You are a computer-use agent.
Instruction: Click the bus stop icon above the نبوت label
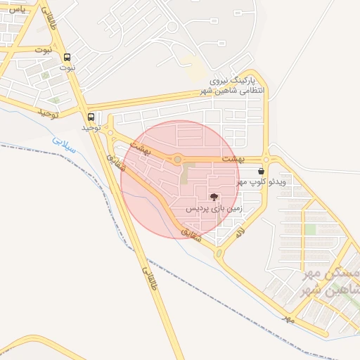[67, 58]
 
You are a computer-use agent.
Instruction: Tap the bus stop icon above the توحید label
[90, 117]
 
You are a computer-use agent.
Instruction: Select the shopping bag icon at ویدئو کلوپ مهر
[262, 171]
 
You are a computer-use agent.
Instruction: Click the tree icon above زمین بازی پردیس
[214, 198]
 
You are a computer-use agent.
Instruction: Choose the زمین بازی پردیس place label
[214, 209]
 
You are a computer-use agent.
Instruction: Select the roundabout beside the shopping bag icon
[266, 158]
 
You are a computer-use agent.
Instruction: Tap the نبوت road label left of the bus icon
[43, 50]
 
